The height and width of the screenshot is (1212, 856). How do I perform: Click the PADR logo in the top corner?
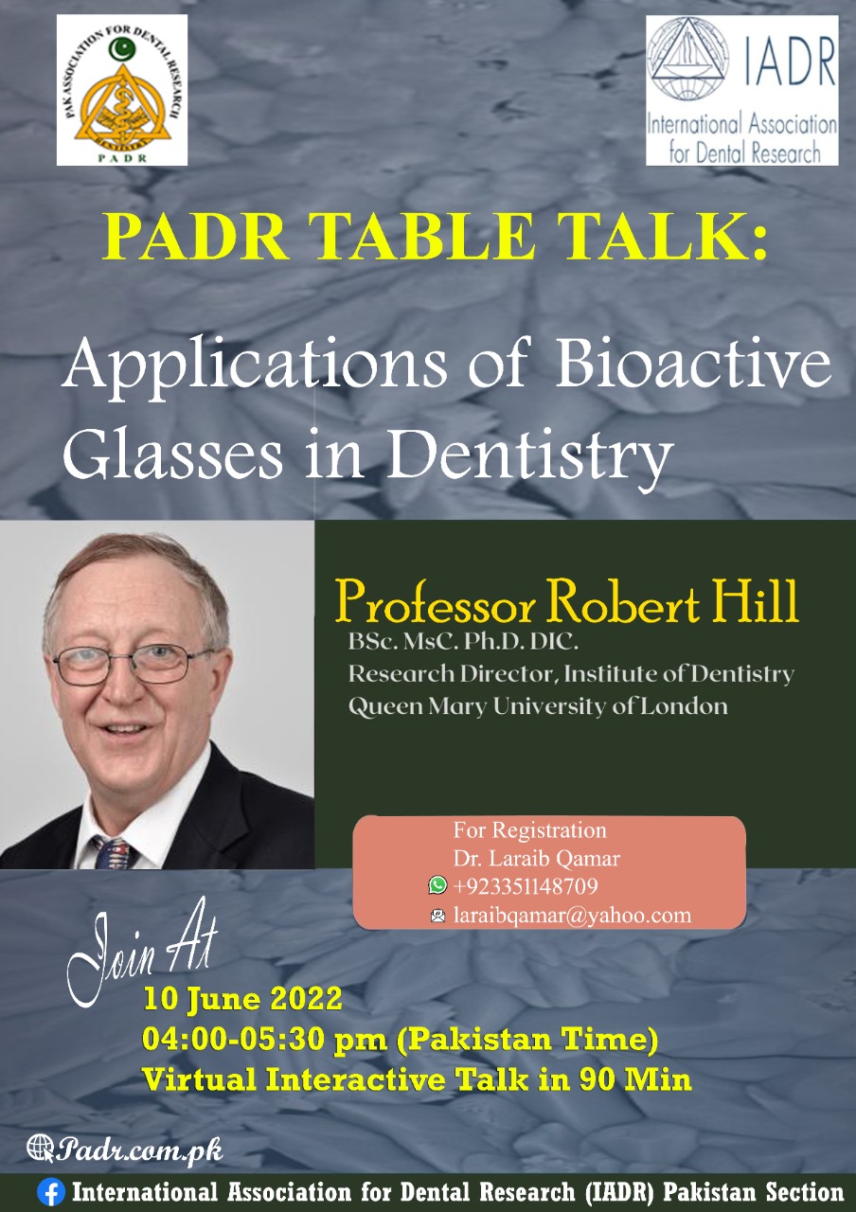click(122, 90)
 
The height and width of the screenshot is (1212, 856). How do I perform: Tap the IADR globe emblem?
click(687, 58)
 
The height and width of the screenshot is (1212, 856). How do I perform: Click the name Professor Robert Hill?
click(566, 601)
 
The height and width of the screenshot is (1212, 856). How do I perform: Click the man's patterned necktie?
click(113, 854)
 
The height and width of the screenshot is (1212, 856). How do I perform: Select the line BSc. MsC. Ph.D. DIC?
click(463, 642)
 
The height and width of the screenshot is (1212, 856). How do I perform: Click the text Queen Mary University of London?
click(538, 706)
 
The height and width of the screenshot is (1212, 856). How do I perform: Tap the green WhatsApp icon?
click(437, 884)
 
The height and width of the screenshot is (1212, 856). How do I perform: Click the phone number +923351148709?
click(526, 885)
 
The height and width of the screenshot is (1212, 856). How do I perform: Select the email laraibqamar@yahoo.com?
click(573, 915)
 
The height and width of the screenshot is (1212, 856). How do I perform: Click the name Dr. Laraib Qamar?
click(537, 858)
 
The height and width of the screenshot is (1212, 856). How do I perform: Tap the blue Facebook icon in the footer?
click(51, 1192)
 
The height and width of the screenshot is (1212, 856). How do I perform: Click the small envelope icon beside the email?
click(437, 915)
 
